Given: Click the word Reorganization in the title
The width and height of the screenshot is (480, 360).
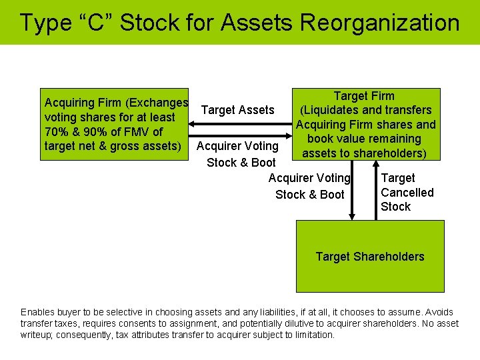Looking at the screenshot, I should coord(379,23).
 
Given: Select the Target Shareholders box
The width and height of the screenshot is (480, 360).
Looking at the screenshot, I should coord(370,257).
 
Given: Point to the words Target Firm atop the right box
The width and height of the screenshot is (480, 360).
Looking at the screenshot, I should coord(364,96).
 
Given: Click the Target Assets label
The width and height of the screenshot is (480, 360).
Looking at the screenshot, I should coord(237,110).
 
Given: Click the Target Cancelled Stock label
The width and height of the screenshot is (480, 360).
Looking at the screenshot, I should coord(407,193).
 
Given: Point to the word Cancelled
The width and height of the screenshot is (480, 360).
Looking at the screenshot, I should coord(407,193).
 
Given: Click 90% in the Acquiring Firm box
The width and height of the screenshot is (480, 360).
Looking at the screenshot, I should coord(96,131).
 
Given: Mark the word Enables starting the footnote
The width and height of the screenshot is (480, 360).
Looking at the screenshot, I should coord(39,312).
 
